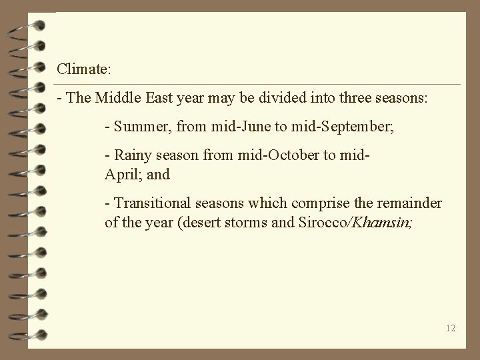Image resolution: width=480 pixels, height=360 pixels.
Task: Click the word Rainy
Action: [x=131, y=157]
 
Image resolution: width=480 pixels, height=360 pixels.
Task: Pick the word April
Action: [x=121, y=174]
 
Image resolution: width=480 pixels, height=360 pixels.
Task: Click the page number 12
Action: [x=451, y=327]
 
